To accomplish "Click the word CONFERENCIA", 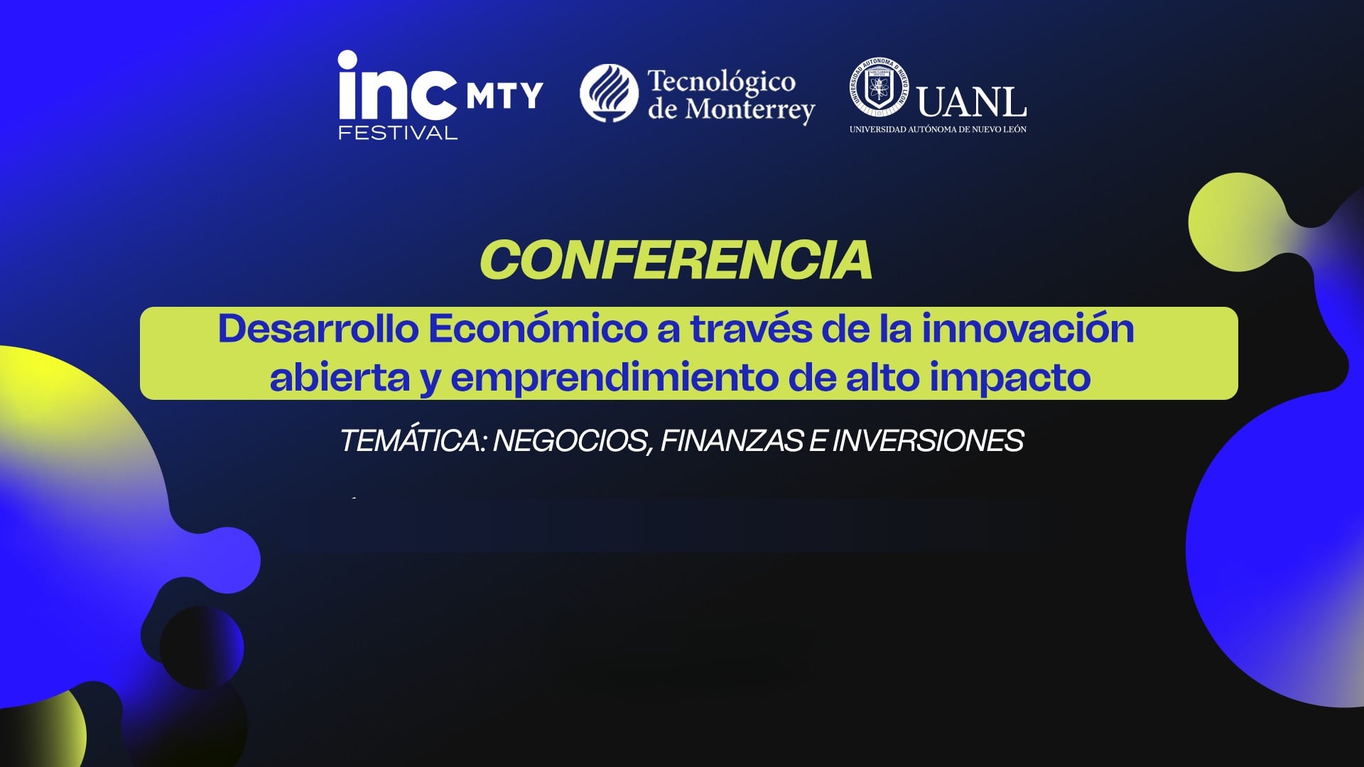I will (x=676, y=261).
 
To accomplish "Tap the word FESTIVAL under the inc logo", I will (x=398, y=133).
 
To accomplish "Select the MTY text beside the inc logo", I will (x=504, y=95).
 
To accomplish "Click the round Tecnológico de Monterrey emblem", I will (x=609, y=93).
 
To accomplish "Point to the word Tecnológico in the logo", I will (x=721, y=81).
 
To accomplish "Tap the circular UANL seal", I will (x=879, y=87).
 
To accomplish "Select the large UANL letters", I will (x=971, y=103).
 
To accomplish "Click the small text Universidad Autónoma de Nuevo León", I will (x=938, y=129).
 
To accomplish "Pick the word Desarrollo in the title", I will (x=318, y=329).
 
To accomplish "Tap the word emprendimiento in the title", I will (x=615, y=377).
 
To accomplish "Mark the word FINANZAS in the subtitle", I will (x=732, y=440).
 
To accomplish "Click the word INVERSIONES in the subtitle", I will (x=927, y=440).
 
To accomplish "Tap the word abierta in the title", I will (x=340, y=377).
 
